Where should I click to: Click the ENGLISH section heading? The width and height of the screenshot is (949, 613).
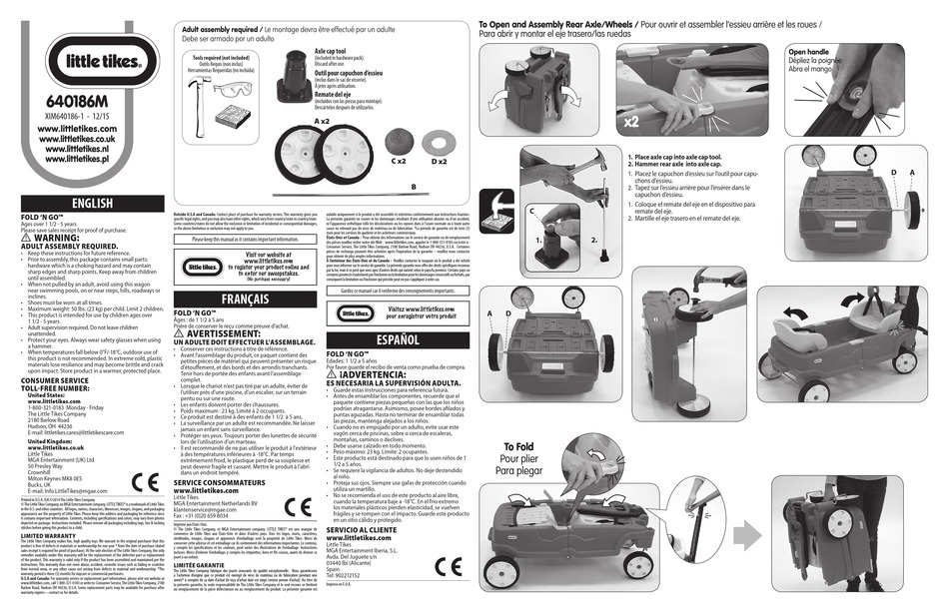coord(82,204)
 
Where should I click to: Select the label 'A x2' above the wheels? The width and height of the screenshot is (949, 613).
coord(322,120)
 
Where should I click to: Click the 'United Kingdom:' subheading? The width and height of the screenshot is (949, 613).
coord(50,440)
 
